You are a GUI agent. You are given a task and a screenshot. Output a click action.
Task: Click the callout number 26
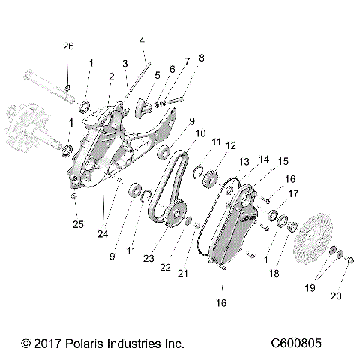click(x=68, y=46)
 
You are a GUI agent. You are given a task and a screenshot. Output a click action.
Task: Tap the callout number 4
click(x=142, y=40)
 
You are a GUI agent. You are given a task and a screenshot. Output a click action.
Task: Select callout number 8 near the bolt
click(x=200, y=58)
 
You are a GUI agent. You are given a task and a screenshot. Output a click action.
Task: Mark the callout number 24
click(x=102, y=232)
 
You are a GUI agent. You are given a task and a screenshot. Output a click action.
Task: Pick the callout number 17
click(x=292, y=193)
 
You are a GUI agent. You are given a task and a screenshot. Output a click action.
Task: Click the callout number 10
click(x=201, y=133)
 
